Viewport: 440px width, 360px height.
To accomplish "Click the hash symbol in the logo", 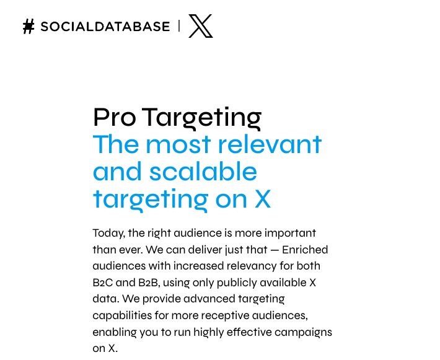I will click(29, 26).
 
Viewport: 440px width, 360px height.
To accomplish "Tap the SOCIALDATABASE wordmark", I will click(105, 27).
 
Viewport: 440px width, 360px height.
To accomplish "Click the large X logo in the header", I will click(200, 26).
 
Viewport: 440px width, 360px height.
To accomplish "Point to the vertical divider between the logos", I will click(179, 26).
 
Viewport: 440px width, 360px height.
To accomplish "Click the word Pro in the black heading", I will click(114, 117).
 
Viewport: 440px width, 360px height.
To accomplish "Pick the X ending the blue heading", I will click(262, 199).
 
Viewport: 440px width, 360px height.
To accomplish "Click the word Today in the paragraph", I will click(108, 234).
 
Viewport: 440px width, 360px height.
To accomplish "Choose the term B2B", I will click(148, 283).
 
